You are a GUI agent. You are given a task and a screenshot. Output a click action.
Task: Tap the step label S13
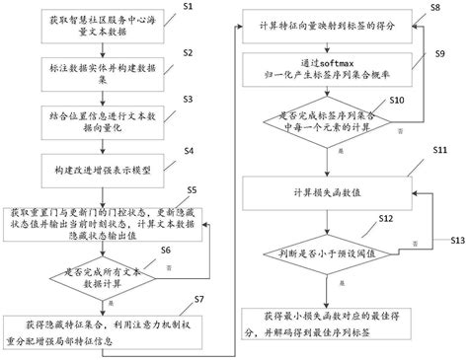pyautogui.click(x=457, y=241)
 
